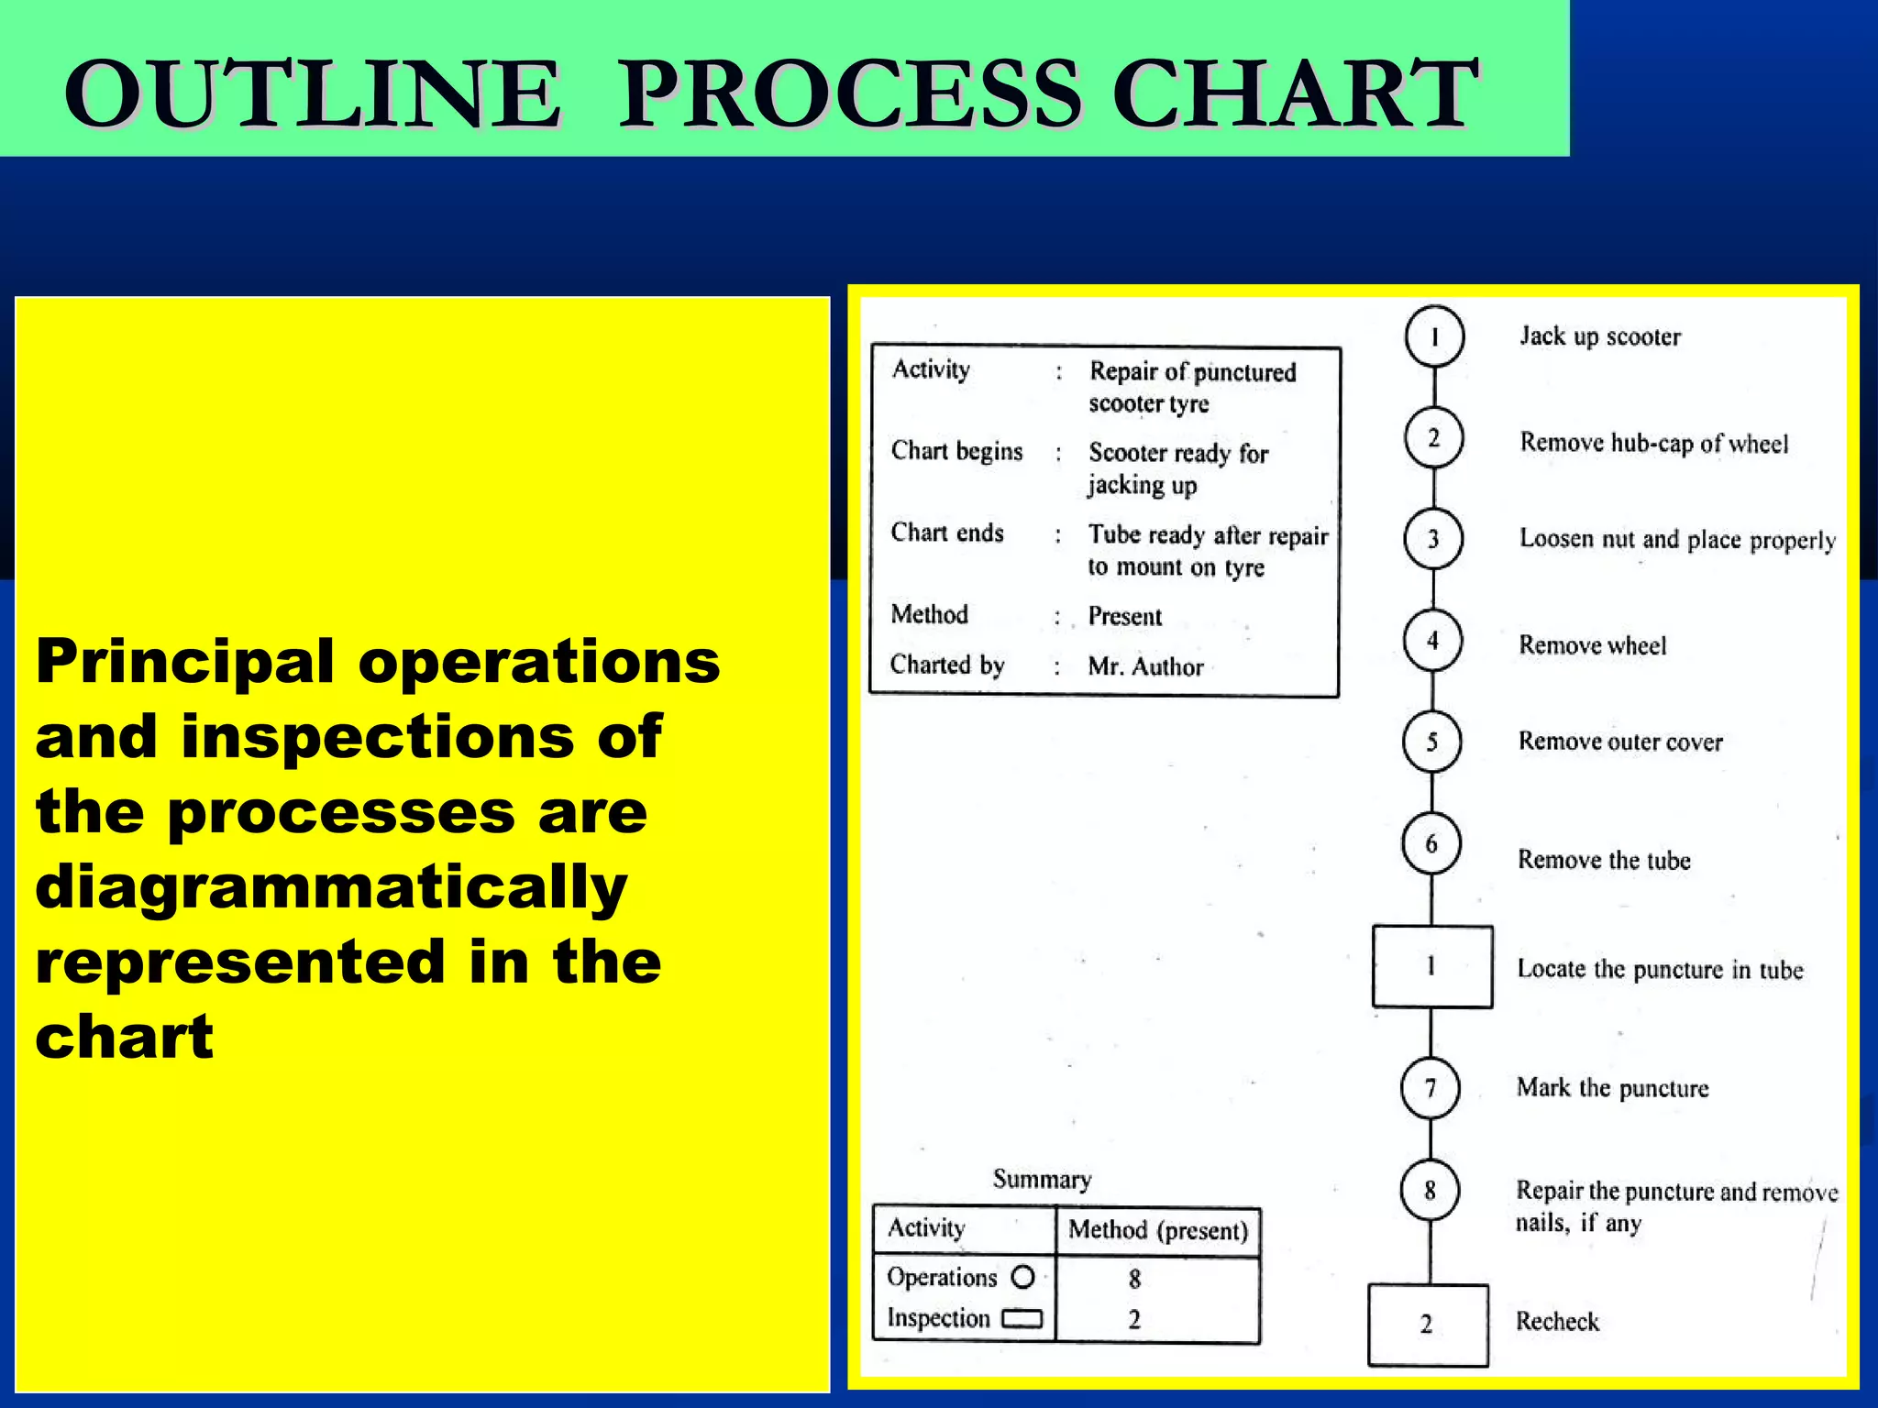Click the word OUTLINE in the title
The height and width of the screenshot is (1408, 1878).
(x=312, y=93)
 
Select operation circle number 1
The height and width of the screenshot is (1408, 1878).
(x=1434, y=336)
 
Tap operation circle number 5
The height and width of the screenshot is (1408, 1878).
(x=1431, y=742)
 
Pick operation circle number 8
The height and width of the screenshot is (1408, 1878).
(x=1430, y=1191)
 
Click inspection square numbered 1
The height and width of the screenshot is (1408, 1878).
(x=1431, y=966)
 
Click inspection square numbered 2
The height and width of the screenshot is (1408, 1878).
(x=1428, y=1325)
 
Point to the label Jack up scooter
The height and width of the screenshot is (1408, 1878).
(x=1600, y=336)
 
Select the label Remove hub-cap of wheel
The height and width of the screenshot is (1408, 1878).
(x=1653, y=444)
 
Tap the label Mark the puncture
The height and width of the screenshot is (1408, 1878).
(x=1612, y=1088)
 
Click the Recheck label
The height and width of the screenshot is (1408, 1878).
(x=1557, y=1322)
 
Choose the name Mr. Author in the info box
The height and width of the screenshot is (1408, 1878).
(x=1145, y=666)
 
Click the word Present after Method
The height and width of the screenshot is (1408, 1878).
(x=1124, y=616)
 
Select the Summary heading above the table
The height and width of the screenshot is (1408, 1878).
(x=1042, y=1179)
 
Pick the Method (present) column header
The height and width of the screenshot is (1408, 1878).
(x=1158, y=1230)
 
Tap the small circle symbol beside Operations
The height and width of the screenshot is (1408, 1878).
(x=1022, y=1277)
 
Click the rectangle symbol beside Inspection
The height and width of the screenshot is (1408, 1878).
(x=1022, y=1319)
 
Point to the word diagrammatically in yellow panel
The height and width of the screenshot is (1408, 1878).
(x=331, y=887)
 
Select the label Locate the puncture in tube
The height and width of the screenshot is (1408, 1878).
(x=1660, y=970)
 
